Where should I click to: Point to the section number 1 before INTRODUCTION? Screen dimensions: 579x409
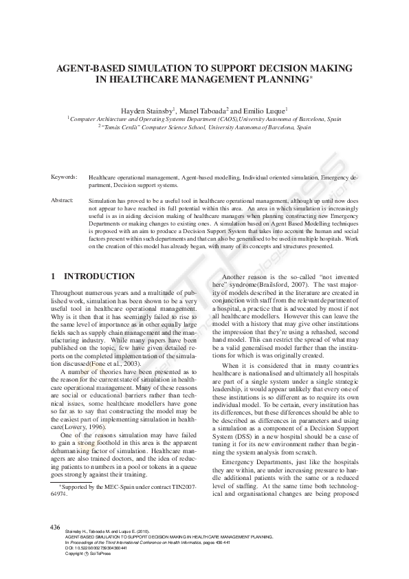click(54, 276)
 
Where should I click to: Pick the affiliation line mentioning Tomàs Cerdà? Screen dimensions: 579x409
click(204, 127)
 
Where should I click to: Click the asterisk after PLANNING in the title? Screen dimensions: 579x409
click(311, 78)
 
